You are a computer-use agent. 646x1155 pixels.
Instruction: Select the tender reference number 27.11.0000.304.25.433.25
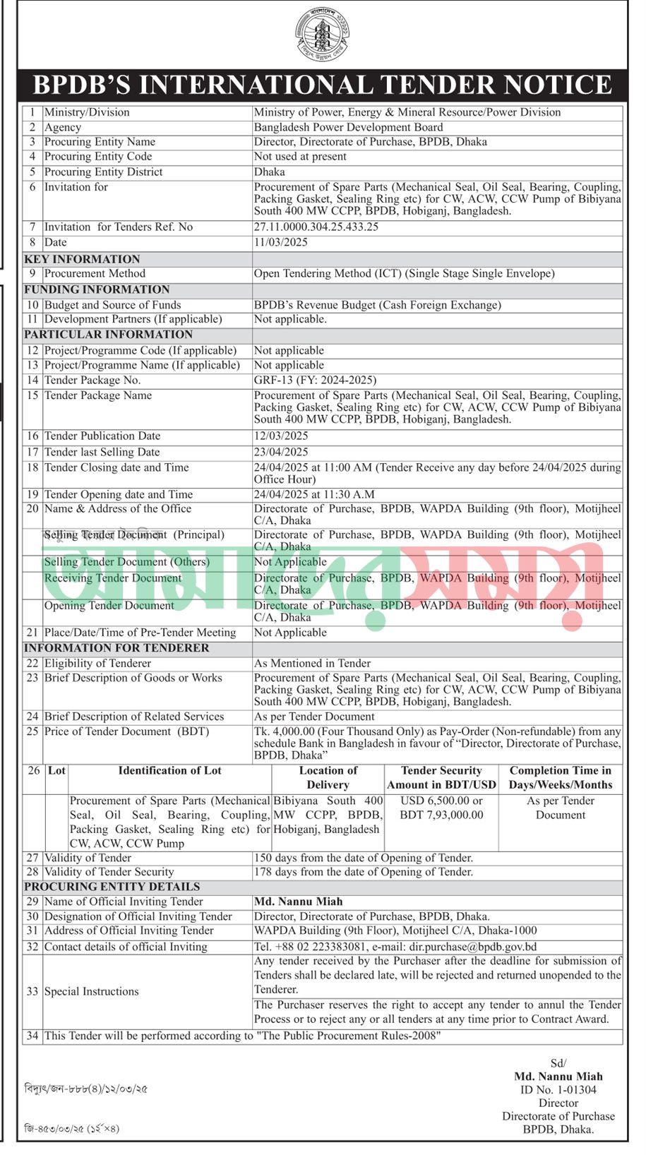click(316, 227)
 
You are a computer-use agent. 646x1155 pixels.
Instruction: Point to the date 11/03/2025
click(281, 242)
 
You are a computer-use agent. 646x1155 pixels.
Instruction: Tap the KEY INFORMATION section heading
click(82, 259)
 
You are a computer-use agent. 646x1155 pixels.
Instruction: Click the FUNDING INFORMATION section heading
click(97, 289)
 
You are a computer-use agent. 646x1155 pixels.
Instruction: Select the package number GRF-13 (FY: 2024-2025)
click(315, 381)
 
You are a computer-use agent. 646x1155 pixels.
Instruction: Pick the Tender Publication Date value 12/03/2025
click(281, 436)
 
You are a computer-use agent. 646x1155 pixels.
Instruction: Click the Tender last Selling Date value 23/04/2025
click(281, 452)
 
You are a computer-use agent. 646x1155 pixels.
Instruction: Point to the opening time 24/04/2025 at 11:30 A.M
click(314, 495)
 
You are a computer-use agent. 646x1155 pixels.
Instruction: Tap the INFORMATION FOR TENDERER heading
click(116, 648)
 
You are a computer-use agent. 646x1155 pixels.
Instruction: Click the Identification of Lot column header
click(169, 771)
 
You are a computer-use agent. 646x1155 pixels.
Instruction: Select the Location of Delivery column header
click(328, 777)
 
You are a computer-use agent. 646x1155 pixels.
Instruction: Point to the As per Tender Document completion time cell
click(561, 808)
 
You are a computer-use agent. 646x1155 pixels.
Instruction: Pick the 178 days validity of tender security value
click(363, 873)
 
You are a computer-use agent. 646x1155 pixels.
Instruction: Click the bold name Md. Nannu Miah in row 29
click(299, 902)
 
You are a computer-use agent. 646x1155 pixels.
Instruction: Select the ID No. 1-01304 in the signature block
click(558, 1090)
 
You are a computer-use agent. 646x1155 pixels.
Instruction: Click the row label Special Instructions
click(91, 992)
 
